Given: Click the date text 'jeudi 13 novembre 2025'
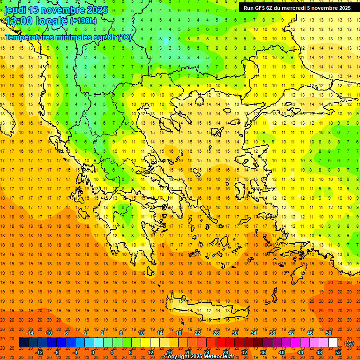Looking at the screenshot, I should pyautogui.click(x=56, y=10).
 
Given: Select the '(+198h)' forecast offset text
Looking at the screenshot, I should pyautogui.click(x=83, y=21).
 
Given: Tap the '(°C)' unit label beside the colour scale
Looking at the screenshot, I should pyautogui.click(x=349, y=343).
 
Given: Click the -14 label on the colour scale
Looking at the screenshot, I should pyautogui.click(x=30, y=333).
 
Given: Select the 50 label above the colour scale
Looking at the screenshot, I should pyautogui.click(x=329, y=333).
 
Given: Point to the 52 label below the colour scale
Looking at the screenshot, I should pyautogui.click(x=338, y=352).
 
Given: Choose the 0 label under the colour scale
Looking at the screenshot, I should pyautogui.click(x=92, y=352).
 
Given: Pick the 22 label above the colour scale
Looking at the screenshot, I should pyautogui.click(x=197, y=333).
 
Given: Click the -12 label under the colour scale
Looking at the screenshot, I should pyautogui.click(x=39, y=352).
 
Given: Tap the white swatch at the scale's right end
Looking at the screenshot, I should pyautogui.click(x=333, y=343).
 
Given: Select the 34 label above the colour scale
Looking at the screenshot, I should pyautogui.click(x=254, y=333).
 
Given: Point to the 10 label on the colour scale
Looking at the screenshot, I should pyautogui.click(x=141, y=333).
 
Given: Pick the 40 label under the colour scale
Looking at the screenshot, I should pyautogui.click(x=282, y=352).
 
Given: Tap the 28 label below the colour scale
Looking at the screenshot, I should pyautogui.click(x=225, y=352).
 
